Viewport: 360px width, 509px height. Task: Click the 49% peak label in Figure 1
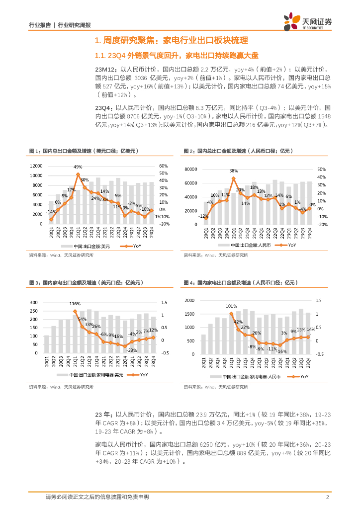click(x=78, y=167)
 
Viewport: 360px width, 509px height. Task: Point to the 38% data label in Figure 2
click(x=234, y=171)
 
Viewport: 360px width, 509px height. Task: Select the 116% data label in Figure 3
click(x=75, y=303)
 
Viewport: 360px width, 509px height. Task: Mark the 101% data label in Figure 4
click(x=231, y=306)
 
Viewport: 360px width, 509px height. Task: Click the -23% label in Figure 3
click(x=132, y=350)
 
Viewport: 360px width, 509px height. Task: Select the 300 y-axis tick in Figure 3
click(x=34, y=303)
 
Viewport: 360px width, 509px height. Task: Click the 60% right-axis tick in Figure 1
click(x=164, y=166)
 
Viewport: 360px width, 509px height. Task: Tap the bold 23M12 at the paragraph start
click(x=107, y=70)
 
